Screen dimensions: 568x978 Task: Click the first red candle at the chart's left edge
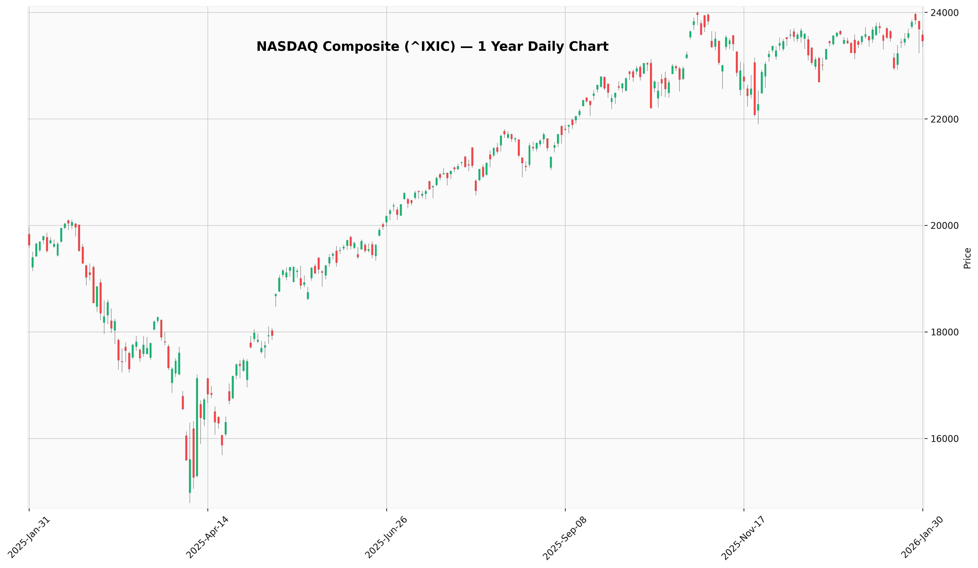pyautogui.click(x=29, y=239)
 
